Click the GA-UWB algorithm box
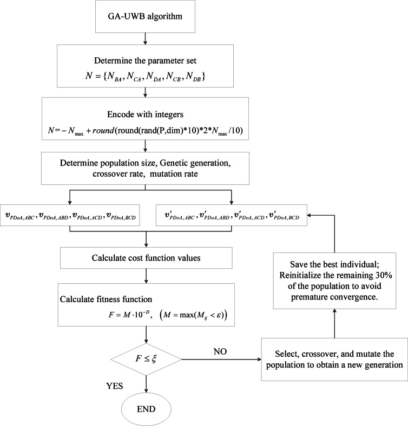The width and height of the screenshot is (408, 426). [144, 16]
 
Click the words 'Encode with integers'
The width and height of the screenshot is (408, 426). [144, 112]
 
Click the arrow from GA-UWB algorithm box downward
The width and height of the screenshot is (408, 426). [144, 37]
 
